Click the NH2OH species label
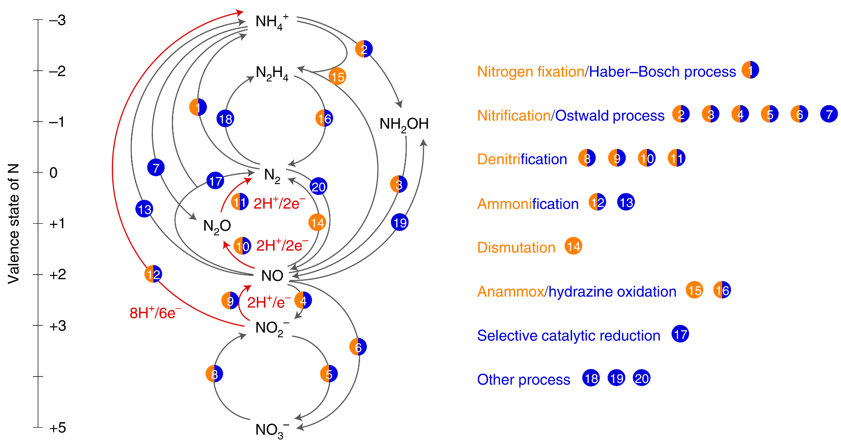[x=404, y=124]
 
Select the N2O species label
[x=217, y=226]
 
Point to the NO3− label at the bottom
[x=272, y=430]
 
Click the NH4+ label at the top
[x=272, y=21]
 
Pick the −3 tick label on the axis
[x=57, y=20]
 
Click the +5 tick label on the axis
[x=57, y=428]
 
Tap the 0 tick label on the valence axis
[x=54, y=173]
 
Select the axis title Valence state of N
[x=14, y=223]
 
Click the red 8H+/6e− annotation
[x=155, y=313]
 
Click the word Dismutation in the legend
[x=516, y=248]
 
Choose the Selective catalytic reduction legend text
[x=568, y=335]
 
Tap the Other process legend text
[x=524, y=379]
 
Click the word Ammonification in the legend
[x=528, y=204]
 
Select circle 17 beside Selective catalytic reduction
[x=680, y=334]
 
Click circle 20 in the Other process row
[x=641, y=378]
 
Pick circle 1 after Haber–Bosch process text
[x=750, y=70]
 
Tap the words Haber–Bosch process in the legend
[x=662, y=72]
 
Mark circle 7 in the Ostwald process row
[x=829, y=114]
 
